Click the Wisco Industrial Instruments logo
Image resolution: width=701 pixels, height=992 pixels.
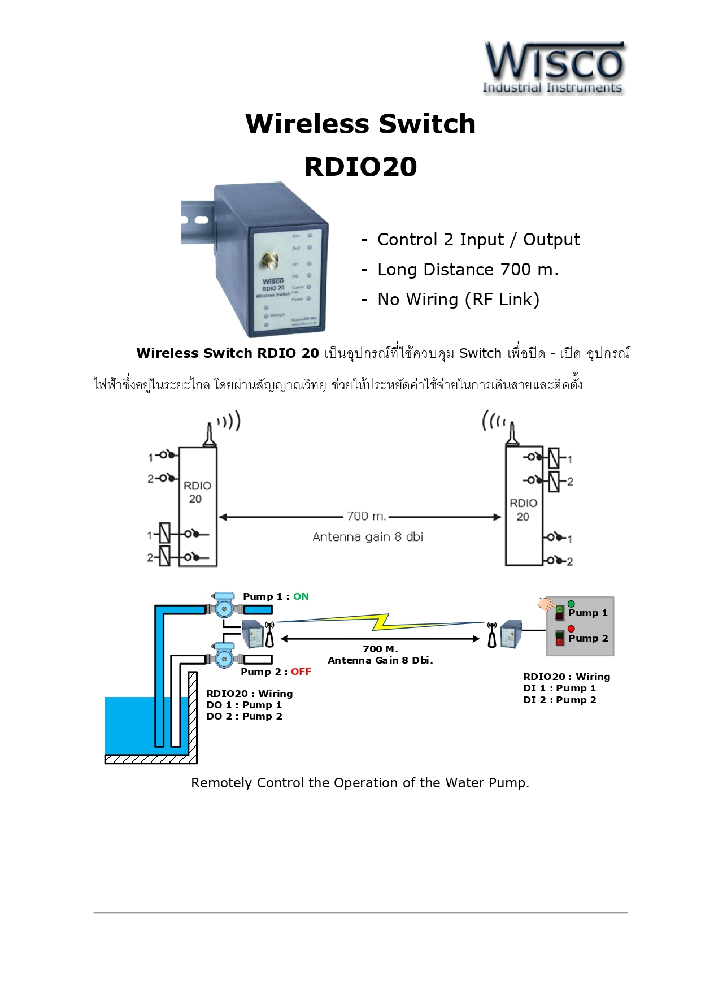[554, 68]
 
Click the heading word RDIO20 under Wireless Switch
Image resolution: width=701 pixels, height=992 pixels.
[360, 167]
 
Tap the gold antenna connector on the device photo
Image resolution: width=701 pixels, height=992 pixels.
[270, 261]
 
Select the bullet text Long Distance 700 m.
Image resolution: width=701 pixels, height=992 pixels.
[468, 270]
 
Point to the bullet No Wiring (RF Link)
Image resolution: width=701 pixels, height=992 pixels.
[458, 300]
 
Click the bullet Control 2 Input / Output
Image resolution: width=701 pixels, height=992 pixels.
[478, 240]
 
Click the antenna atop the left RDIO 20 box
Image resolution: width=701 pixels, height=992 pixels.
[210, 435]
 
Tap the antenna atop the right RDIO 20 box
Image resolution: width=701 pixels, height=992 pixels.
[512, 434]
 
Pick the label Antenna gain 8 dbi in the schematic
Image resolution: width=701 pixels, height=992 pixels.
[368, 537]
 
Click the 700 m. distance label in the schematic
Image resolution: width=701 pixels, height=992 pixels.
[366, 516]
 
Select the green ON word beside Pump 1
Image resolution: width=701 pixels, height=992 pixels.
[301, 596]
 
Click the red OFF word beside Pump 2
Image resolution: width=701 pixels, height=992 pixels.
[301, 672]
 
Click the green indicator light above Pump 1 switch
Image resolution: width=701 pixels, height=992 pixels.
[571, 604]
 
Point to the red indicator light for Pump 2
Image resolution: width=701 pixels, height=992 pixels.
[571, 629]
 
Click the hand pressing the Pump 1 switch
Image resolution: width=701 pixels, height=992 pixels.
[546, 605]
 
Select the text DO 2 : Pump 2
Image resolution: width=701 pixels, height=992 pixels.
[244, 716]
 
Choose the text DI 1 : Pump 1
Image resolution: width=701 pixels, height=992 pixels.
[559, 688]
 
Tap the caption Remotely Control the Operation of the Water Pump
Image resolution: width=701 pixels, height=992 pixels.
[360, 783]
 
